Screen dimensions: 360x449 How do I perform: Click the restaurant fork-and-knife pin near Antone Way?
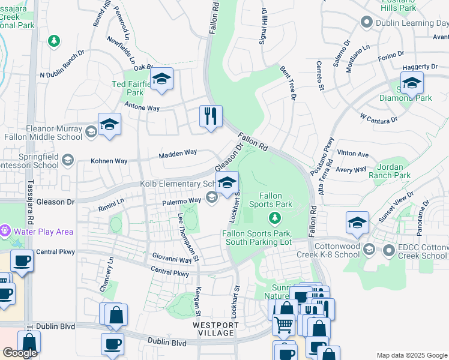(211, 116)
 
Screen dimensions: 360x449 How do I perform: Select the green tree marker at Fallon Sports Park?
(275, 217)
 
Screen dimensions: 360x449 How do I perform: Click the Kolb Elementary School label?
(177, 184)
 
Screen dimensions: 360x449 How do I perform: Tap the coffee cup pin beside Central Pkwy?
(22, 262)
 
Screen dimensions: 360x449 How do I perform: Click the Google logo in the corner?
(20, 353)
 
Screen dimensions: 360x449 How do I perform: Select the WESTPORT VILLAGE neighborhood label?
(215, 329)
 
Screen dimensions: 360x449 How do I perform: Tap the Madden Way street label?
(178, 154)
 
